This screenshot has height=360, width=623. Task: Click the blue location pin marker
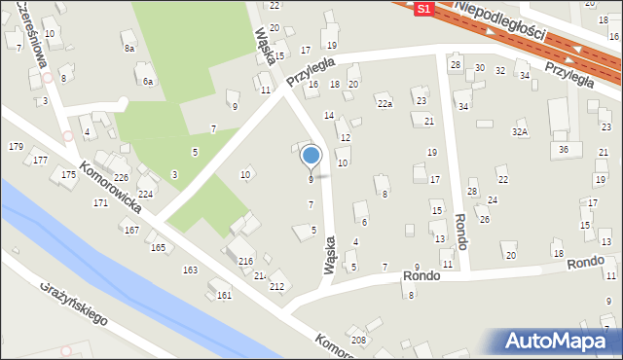coord(311,156)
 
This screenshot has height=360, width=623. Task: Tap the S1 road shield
coord(422,9)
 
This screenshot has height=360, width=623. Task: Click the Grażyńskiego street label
coord(74,305)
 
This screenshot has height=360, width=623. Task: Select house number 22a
coord(385,104)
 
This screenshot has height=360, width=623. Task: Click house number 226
coord(121,177)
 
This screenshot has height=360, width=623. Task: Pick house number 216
coord(245,262)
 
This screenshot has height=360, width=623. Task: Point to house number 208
coord(359,340)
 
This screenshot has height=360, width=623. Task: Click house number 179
coord(16,146)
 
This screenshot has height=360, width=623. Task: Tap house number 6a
coord(148,82)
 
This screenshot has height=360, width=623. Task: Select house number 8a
coord(128,47)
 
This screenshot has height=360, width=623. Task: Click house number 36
coord(564,149)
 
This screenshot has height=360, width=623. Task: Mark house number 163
coord(190,270)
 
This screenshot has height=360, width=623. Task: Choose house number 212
coord(276,286)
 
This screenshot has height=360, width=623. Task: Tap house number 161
coord(224,295)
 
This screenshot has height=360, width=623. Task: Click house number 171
coord(100,202)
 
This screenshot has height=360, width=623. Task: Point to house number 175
coord(68,174)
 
